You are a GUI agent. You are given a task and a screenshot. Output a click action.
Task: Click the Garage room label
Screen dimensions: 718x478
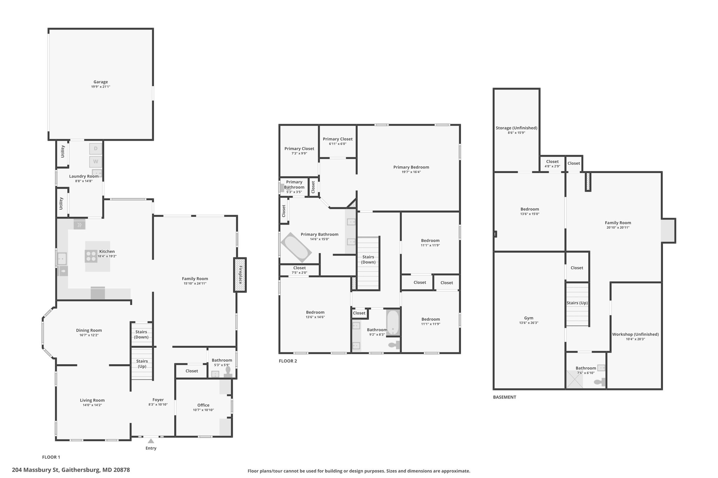tap(101, 82)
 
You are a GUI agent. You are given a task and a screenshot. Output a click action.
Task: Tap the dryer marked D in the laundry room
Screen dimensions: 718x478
tap(96, 149)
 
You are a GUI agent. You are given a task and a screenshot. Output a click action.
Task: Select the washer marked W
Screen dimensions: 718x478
tap(96, 162)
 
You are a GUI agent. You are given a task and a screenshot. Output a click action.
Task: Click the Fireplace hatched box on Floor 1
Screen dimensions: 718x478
tap(240, 275)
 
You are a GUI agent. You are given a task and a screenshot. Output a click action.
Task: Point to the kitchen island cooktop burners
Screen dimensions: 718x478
tap(91, 256)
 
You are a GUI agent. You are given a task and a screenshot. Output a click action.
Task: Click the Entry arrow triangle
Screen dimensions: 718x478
tap(151, 441)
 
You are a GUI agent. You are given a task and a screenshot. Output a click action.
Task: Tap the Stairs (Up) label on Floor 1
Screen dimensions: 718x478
tap(142, 363)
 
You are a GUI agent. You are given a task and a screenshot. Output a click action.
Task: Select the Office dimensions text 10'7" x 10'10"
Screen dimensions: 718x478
tap(203, 410)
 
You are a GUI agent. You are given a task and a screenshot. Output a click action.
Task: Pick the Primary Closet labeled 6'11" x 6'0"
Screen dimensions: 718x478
tap(338, 141)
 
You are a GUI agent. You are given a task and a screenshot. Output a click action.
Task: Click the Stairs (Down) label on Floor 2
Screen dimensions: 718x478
tap(368, 259)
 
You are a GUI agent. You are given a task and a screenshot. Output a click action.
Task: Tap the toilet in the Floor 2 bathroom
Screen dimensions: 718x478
tap(394, 345)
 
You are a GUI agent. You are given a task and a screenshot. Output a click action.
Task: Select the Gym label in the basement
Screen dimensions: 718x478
tap(529, 318)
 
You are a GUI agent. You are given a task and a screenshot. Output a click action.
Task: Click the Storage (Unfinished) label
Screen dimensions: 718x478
tap(516, 128)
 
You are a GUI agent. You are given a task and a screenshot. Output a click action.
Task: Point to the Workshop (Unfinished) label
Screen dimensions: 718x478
tap(635, 334)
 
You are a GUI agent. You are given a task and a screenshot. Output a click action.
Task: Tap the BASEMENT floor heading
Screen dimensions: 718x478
tap(504, 397)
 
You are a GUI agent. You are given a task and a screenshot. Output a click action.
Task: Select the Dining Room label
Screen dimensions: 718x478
tap(89, 330)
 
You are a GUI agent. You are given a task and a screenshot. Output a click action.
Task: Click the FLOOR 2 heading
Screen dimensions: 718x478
tap(288, 361)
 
